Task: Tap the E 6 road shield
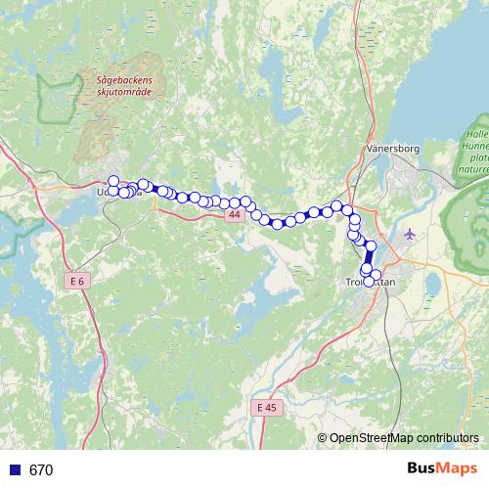78,281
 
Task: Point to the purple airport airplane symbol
409,235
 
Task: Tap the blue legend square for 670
14,469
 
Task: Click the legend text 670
41,469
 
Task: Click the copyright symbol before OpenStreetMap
324,438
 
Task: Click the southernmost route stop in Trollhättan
369,281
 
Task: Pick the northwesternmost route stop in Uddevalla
113,181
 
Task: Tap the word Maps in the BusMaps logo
458,468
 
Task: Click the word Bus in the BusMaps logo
422,468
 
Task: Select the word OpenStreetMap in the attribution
373,438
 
